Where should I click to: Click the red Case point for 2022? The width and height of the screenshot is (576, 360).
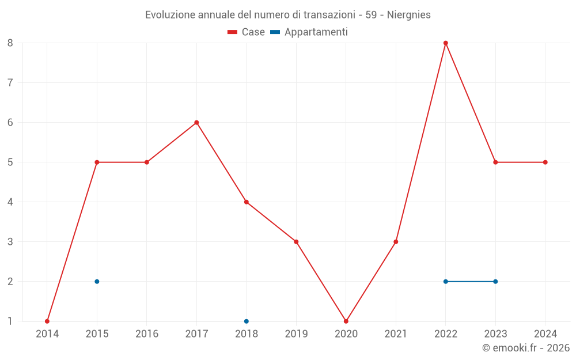[x=446, y=43]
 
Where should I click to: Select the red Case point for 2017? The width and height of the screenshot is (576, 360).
[x=196, y=122]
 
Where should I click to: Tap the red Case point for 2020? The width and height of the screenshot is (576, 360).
[x=346, y=321]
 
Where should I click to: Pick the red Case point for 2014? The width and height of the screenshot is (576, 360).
[x=47, y=321]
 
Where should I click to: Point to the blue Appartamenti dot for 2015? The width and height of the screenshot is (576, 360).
[x=97, y=282]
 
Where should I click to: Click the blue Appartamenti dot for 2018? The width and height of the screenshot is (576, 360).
[x=247, y=321]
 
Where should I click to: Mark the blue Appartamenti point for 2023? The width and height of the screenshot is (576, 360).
[x=495, y=282]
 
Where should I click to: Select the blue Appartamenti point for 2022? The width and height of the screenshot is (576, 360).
[x=446, y=282]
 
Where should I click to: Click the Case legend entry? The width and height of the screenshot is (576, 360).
[x=247, y=32]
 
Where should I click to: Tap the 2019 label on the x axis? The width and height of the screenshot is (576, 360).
[x=296, y=334]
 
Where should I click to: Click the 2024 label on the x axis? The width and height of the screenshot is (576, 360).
[x=545, y=334]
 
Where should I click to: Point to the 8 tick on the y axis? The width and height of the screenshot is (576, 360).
[x=10, y=43]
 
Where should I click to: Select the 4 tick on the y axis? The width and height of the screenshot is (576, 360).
[x=10, y=202]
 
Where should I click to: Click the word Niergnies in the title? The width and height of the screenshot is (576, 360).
[x=409, y=15]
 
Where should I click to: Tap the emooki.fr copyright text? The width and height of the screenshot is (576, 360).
[x=526, y=348]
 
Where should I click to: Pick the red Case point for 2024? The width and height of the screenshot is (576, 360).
[x=545, y=162]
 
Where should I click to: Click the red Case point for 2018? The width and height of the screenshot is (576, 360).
[x=247, y=202]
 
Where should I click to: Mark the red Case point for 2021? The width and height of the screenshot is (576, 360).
[x=396, y=242]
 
